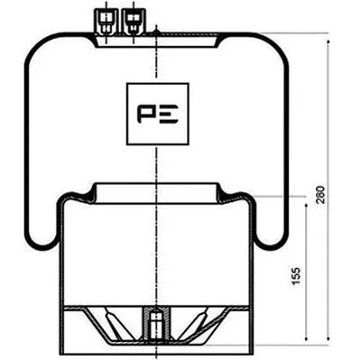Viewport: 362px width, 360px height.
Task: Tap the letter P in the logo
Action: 147,115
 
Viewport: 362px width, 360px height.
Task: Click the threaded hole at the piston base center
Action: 157,322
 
